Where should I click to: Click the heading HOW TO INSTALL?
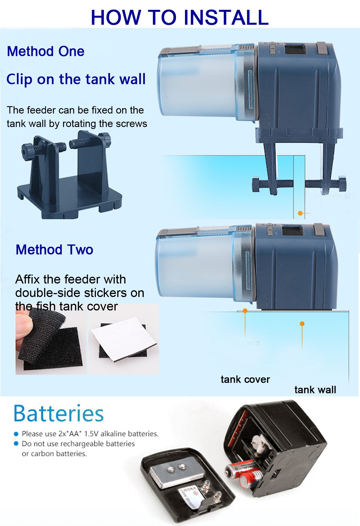[x=180, y=17]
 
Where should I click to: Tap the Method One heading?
[x=46, y=51]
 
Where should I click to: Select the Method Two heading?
[x=54, y=250]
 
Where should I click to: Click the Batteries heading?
[x=58, y=414]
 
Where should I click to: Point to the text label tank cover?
[x=245, y=379]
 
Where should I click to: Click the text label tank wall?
[x=315, y=390]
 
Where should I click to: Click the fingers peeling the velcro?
[x=24, y=326]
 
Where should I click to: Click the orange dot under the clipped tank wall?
[x=300, y=213]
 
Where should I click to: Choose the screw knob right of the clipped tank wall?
[x=342, y=184]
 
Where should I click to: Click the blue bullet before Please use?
[x=16, y=434]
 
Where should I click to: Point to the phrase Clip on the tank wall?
[x=76, y=79]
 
